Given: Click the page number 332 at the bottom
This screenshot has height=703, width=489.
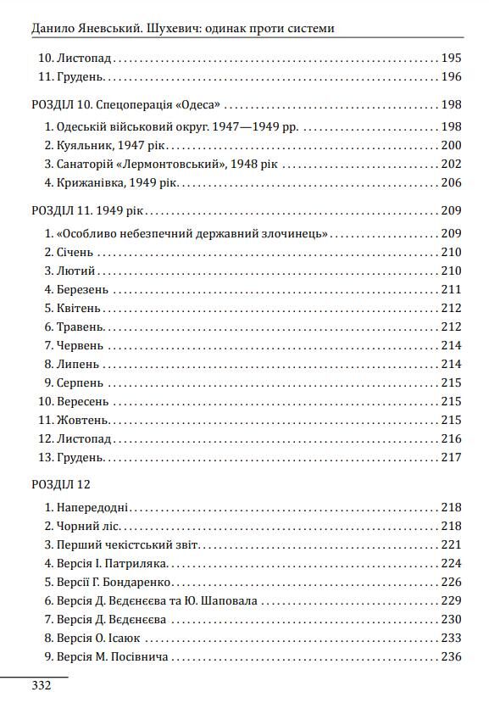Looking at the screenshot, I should (x=42, y=685).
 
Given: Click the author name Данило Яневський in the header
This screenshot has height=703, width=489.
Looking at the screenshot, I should (x=79, y=28).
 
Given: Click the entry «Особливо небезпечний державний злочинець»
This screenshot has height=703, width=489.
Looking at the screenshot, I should (x=192, y=233).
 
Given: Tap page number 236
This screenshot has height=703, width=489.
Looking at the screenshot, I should (x=451, y=656).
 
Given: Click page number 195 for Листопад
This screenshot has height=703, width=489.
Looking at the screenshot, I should (x=451, y=59).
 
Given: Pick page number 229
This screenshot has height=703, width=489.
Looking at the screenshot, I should (x=451, y=600).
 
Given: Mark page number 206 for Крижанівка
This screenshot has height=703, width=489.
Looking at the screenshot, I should (x=451, y=183).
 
